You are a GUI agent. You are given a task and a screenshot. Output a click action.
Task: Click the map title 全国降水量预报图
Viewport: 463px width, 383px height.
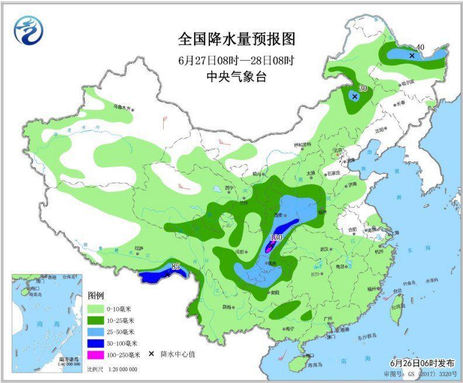237,39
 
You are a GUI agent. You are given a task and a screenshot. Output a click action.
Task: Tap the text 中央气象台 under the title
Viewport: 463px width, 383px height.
236,76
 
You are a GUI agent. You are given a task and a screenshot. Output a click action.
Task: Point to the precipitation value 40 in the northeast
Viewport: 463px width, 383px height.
419,48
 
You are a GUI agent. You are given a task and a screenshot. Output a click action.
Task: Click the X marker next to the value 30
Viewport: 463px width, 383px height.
354,96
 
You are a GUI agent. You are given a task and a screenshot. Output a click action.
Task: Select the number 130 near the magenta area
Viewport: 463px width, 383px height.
277,238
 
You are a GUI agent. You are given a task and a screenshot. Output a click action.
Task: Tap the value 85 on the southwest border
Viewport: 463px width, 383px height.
175,267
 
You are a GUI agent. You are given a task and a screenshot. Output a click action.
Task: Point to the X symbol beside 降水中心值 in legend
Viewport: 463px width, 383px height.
151,354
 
